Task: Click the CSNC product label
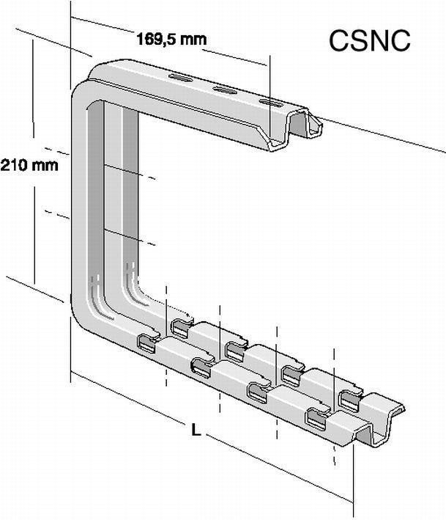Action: coord(368,41)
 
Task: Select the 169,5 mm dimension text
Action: coord(171,39)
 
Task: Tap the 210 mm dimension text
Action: coord(29,165)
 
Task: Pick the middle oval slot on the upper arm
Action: coord(225,92)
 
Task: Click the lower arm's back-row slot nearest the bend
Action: coord(180,325)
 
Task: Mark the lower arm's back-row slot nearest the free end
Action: coord(351,398)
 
